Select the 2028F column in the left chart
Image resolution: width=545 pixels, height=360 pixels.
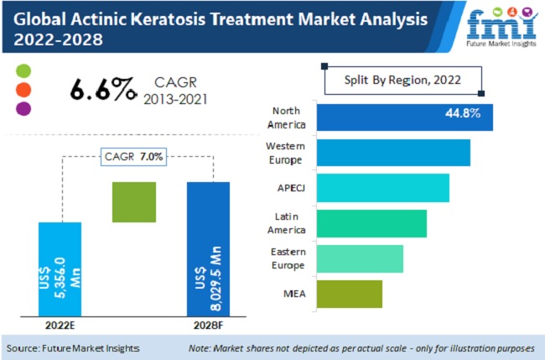click(x=208, y=251)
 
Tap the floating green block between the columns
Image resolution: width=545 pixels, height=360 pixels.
click(x=134, y=202)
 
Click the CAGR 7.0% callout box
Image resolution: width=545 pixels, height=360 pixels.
click(x=134, y=156)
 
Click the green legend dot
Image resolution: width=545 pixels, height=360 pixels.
click(x=23, y=70)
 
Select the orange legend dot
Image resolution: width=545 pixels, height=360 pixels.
click(x=23, y=89)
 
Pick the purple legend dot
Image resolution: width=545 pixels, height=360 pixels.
click(x=23, y=107)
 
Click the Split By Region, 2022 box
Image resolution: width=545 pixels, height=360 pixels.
click(x=403, y=81)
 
